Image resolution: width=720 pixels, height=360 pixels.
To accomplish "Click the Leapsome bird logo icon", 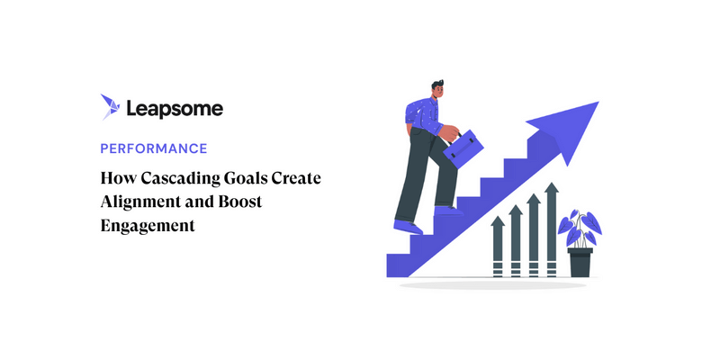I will tap(112, 107).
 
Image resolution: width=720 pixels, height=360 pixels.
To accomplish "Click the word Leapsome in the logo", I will tap(175, 108).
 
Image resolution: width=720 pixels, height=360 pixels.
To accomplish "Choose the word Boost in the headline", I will tap(238, 202).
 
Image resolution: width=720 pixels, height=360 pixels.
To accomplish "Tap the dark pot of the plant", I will tap(580, 261).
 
